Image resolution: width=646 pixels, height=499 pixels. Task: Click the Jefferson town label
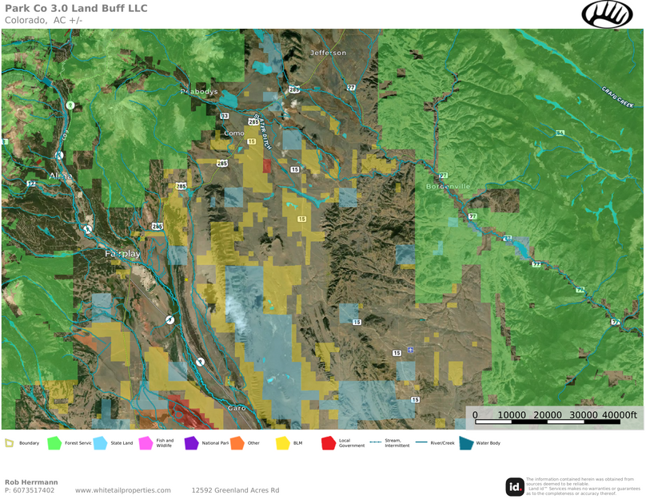[329, 53]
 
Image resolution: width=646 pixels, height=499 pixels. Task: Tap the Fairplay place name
[122, 253]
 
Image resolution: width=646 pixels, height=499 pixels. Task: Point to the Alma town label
[60, 176]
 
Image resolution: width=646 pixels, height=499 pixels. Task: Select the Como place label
[234, 133]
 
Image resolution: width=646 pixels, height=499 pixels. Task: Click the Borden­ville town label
[448, 186]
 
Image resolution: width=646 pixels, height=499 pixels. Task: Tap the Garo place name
[237, 408]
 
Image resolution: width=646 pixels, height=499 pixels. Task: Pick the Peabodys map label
[199, 92]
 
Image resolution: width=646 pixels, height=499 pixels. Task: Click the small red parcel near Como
[267, 165]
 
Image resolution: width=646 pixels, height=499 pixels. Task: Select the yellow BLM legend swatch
[282, 443]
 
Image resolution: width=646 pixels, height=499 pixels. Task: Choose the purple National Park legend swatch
[191, 443]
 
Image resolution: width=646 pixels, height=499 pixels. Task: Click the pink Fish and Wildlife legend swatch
[146, 443]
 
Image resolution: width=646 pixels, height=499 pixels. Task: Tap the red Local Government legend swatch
[328, 443]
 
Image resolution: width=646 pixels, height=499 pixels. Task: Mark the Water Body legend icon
[466, 443]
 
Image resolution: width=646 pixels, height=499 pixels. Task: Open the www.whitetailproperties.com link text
[123, 490]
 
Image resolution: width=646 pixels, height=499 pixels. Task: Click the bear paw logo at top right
[607, 14]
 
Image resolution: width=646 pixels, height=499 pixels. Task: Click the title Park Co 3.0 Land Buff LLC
[76, 8]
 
